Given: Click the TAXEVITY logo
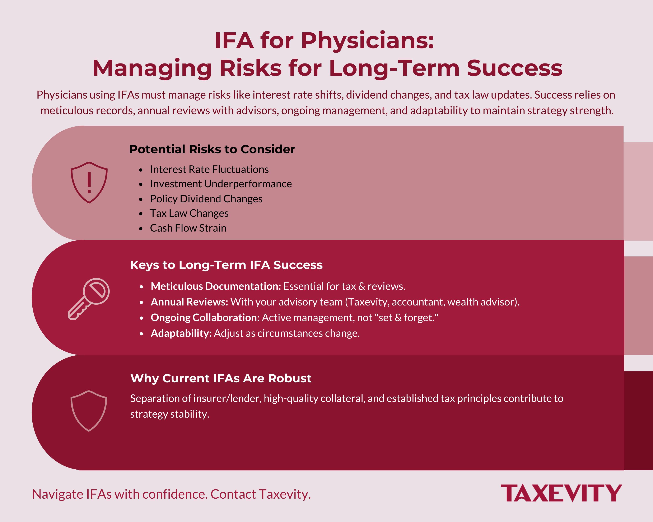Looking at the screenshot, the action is [561, 493].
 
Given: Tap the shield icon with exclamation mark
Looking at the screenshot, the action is [89, 182].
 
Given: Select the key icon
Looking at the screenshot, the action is [89, 299].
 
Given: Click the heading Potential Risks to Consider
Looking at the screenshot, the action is [212, 149].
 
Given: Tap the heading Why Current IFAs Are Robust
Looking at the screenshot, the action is [221, 378].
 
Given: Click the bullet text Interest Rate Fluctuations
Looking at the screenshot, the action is [209, 170].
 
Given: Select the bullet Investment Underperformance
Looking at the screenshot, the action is [221, 184].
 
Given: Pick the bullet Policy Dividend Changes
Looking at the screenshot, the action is [206, 199].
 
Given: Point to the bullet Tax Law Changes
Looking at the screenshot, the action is [189, 213].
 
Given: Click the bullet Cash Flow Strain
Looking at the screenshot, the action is [188, 228].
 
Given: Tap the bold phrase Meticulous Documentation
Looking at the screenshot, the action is [216, 286].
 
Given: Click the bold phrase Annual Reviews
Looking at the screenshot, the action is [189, 302].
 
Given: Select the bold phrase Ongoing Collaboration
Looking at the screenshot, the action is [205, 318].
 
